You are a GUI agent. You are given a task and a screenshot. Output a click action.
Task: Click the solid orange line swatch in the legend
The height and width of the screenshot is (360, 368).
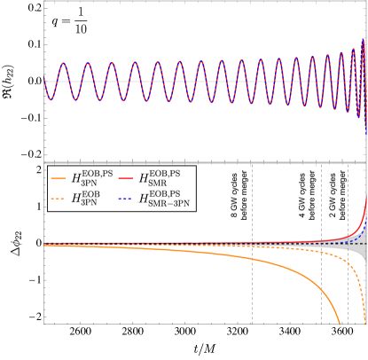tap(59, 178)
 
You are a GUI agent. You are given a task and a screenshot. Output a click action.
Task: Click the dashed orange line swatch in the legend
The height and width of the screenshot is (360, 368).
tap(59, 200)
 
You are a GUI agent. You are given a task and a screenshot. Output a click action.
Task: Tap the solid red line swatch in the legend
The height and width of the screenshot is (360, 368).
tap(126, 178)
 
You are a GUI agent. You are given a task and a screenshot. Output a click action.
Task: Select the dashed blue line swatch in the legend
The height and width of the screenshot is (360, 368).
tap(126, 200)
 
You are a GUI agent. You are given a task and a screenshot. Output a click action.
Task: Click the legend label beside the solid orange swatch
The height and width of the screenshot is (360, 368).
tap(89, 177)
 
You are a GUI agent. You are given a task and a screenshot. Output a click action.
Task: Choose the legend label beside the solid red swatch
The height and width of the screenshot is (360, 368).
tap(159, 177)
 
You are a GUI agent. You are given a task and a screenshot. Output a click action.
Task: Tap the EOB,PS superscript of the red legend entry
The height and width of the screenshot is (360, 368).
tap(164, 172)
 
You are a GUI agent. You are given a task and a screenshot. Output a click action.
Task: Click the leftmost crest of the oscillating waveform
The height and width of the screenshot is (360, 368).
tap(63, 63)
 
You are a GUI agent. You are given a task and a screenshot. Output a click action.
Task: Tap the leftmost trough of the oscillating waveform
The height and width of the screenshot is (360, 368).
tap(51, 99)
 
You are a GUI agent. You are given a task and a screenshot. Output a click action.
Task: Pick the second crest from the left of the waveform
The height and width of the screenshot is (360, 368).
tap(87, 63)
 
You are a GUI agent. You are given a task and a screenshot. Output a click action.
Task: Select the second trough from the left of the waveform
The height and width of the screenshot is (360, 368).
tap(75, 99)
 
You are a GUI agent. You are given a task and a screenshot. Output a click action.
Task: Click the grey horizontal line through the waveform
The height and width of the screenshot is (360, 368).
tap(204, 81)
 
